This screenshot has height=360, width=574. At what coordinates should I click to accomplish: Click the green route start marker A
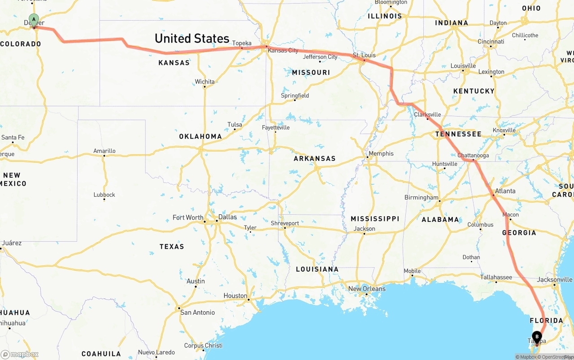pos(34,20)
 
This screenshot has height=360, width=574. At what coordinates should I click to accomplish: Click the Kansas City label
pos(283,51)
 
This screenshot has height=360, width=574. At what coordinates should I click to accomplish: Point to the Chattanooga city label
pos(473,156)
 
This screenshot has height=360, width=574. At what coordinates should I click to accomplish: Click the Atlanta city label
pos(505,191)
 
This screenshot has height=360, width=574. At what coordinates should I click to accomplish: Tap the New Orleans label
pos(366,289)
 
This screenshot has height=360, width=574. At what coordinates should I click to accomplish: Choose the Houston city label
pos(235,296)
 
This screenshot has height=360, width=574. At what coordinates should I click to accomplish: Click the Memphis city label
pos(381,154)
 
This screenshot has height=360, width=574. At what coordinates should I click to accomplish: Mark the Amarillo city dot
pos(104,156)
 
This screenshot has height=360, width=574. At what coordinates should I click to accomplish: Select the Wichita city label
pos(204,82)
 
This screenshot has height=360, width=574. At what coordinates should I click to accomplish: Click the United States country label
pos(192,39)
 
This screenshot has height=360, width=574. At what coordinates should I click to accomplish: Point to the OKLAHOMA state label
pos(200,136)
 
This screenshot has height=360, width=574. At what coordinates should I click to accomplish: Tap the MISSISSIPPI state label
pos(374,219)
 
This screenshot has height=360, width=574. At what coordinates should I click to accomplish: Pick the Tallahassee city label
pos(496,277)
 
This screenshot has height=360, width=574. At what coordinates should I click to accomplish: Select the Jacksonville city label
pos(555,280)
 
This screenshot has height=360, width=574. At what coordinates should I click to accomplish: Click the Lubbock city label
pos(104,195)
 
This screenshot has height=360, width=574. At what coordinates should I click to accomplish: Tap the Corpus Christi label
pos(203,346)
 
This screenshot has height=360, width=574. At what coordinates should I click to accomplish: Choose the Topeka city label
pos(242,43)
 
